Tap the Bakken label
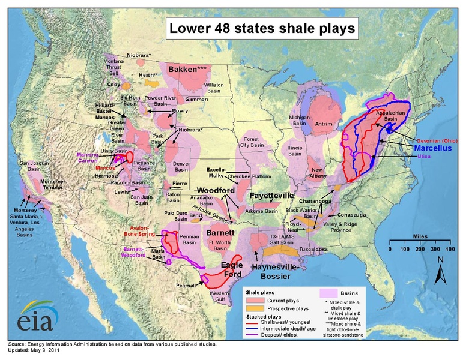coord(187,70)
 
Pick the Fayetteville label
coord(271,196)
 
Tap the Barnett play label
coord(220,232)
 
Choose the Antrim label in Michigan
coord(325,124)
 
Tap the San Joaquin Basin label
coord(34,166)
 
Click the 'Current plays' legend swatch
coord(253,300)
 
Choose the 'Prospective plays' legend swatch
coord(253,308)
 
